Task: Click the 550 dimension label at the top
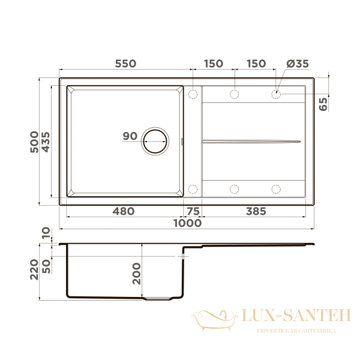(x=125, y=64)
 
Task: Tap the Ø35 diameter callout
(x=298, y=64)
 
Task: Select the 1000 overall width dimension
(x=188, y=223)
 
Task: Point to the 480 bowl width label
(x=124, y=211)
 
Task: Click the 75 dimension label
(x=193, y=211)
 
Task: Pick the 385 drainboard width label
(x=256, y=211)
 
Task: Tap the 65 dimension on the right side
(x=323, y=104)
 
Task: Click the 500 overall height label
(x=34, y=142)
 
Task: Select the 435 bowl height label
(x=46, y=142)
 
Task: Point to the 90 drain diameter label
(x=130, y=136)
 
